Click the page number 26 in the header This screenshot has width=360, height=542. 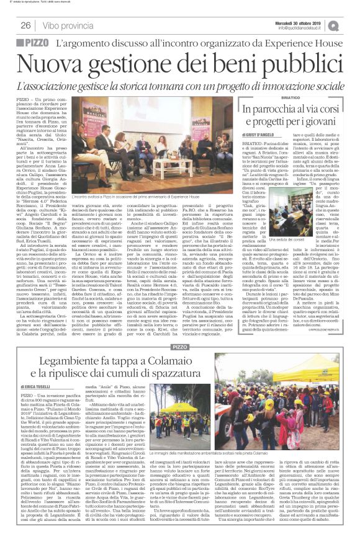[x=26, y=25]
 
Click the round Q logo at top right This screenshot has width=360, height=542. [x=351, y=24]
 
